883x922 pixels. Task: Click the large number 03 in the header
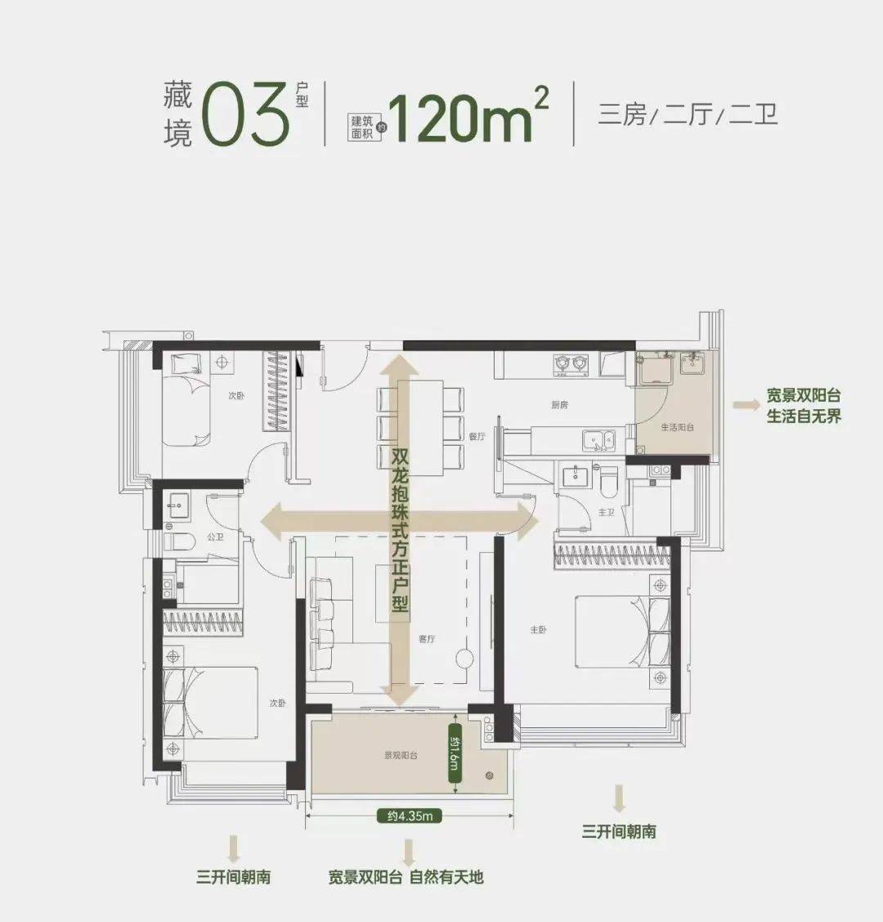pos(245,113)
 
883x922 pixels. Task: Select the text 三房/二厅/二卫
pos(688,114)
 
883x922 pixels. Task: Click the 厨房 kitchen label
pos(559,404)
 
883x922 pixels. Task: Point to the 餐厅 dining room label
pos(477,437)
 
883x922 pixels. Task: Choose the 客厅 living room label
pos(427,639)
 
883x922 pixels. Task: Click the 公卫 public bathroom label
pos(215,537)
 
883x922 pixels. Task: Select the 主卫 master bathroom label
pos(606,512)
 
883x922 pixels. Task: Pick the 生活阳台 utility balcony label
pos(678,427)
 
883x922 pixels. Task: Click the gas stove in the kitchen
pos(571,362)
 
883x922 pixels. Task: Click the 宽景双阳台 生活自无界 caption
pos(804,405)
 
